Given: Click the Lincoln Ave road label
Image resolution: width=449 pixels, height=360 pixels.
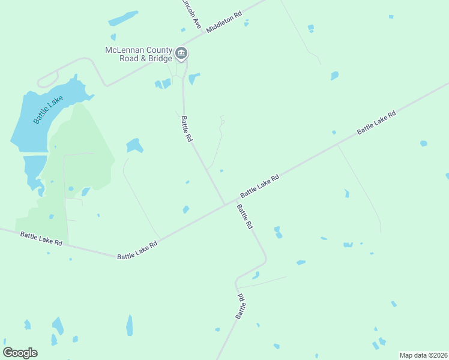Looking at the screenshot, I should point(191,14).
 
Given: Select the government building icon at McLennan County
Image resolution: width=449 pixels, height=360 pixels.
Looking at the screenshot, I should point(181,55).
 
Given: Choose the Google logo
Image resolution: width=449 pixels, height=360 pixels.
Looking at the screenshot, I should point(20,353).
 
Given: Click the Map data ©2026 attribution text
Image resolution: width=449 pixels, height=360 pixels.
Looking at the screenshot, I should point(423,355).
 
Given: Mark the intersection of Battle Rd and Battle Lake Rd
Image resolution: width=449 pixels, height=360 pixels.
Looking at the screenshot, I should point(226,204).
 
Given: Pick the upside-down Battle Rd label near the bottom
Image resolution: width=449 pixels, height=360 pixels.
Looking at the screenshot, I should point(240,306).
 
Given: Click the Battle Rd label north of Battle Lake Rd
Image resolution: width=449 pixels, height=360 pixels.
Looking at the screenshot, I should point(187,128).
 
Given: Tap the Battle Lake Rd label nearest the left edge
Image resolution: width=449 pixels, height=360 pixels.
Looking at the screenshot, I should point(41,239).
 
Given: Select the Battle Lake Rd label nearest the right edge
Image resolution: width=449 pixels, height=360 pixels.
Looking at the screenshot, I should point(376,122).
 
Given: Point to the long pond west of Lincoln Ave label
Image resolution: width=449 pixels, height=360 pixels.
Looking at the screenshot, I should point(123,18).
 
